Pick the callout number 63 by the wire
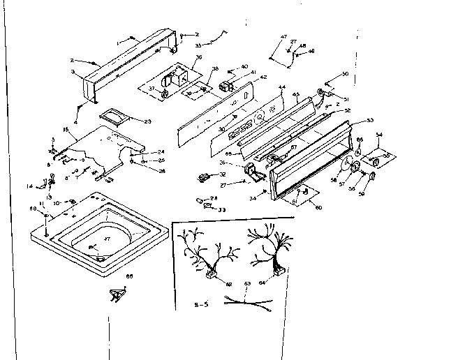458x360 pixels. (246, 284)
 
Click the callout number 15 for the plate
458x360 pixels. (66, 130)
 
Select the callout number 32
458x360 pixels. (223, 174)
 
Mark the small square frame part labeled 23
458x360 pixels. (112, 117)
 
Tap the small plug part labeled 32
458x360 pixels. (204, 177)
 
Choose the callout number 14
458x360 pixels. (30, 186)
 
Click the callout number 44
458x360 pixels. (282, 89)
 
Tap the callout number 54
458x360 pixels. (379, 134)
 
